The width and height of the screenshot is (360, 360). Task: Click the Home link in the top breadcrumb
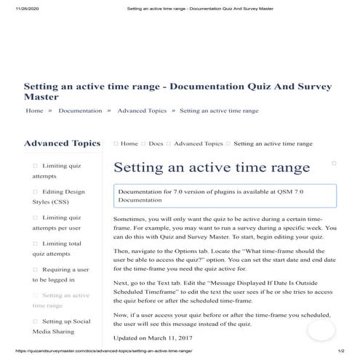34,111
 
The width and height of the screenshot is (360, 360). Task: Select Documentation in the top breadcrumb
80,111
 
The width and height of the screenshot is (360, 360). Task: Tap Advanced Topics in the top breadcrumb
142,111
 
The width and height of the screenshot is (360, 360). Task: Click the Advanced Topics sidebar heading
62,143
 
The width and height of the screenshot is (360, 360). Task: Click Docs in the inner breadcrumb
156,144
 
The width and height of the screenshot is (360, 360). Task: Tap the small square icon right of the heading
334,164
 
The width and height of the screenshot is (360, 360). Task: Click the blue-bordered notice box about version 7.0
225,195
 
